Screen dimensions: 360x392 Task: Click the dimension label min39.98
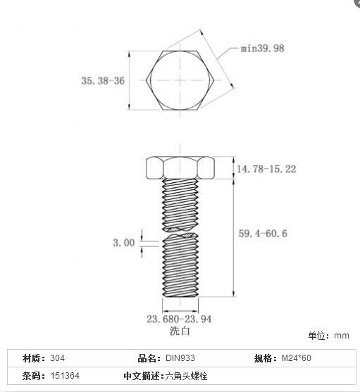pos(263,49)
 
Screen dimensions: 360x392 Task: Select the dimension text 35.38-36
pos(103,81)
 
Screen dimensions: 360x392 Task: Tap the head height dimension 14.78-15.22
pos(266,169)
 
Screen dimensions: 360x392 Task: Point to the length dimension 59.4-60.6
pos(263,234)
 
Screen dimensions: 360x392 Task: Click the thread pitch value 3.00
pos(124,243)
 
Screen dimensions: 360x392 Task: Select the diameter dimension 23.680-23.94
pos(179,319)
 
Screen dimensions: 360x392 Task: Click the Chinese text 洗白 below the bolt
pos(180,331)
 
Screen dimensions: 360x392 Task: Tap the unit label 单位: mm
pos(328,336)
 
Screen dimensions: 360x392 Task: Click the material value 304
pos(58,358)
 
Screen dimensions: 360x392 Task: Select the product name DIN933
pos(180,358)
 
